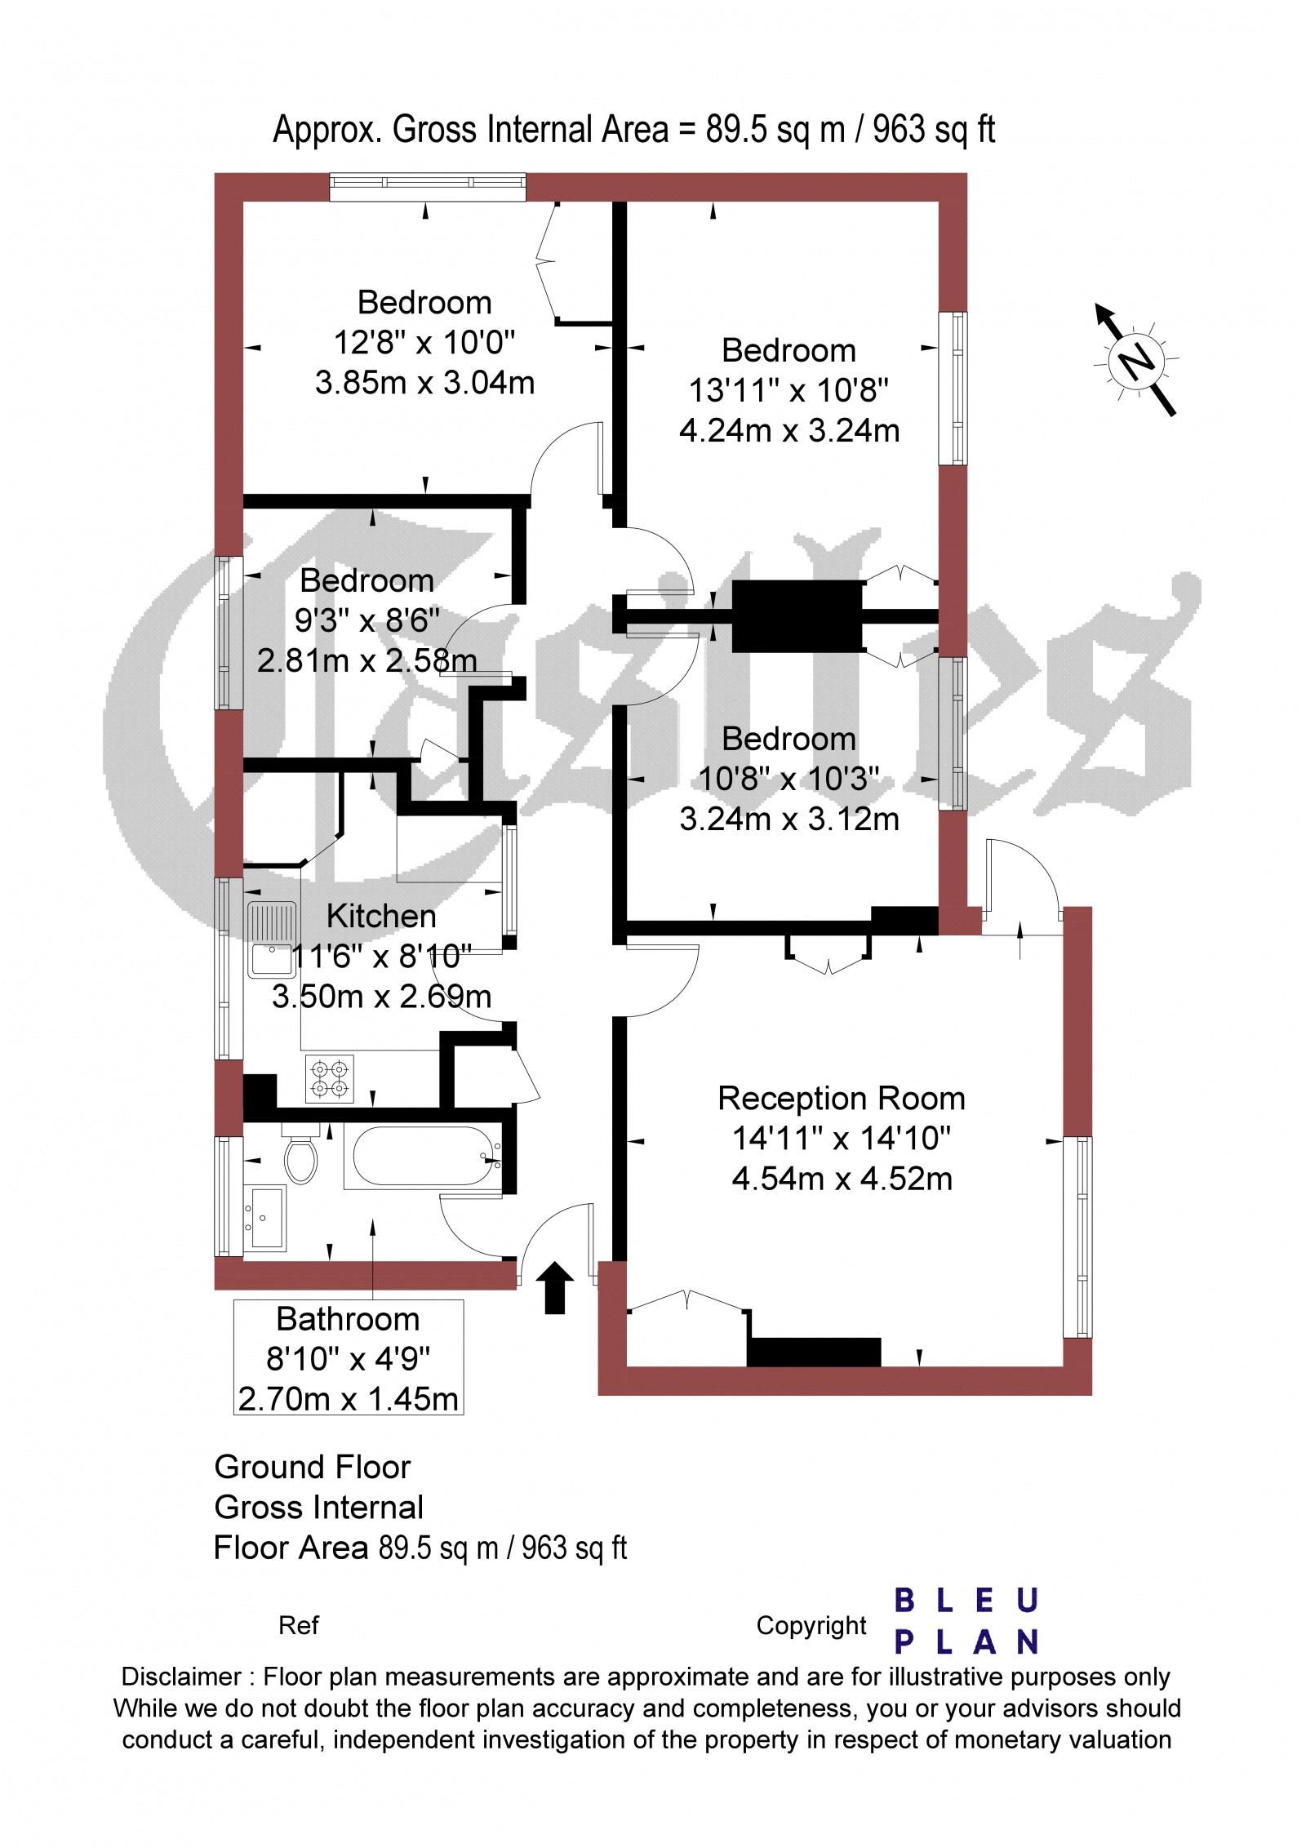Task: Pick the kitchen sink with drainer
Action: [273, 939]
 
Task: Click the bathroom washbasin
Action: [267, 1217]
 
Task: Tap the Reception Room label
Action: [841, 1099]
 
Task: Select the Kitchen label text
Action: [381, 916]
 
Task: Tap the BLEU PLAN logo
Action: [966, 1620]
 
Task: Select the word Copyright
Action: [811, 1603]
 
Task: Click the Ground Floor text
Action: [312, 1467]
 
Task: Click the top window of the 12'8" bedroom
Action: [428, 187]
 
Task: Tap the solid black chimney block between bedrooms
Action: [797, 616]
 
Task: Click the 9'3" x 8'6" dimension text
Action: [366, 620]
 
